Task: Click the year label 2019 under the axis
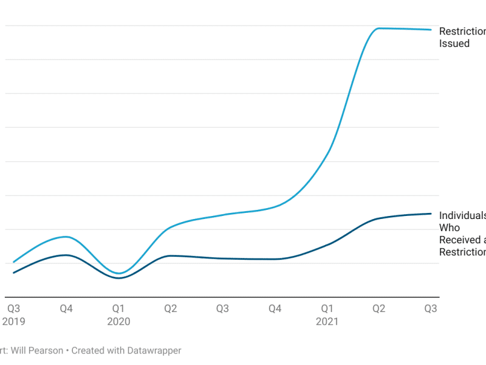tap(13, 321)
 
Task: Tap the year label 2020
tap(118, 321)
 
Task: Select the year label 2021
tap(327, 321)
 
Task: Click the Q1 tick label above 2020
tap(118, 308)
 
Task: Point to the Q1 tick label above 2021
tap(327, 308)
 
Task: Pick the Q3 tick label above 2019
tap(13, 308)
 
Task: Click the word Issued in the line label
tap(454, 43)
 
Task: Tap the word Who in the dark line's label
tap(450, 228)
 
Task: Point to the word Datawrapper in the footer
tap(154, 350)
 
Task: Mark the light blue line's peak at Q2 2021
tap(378, 28)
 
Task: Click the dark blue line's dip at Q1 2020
tap(118, 278)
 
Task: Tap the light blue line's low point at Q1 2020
tap(118, 273)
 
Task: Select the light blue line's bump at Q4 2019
tap(67, 237)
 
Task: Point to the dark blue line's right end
tap(431, 214)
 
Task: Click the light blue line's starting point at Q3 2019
tap(13, 262)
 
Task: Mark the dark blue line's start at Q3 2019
tap(13, 273)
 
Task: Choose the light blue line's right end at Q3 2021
tap(431, 29)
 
